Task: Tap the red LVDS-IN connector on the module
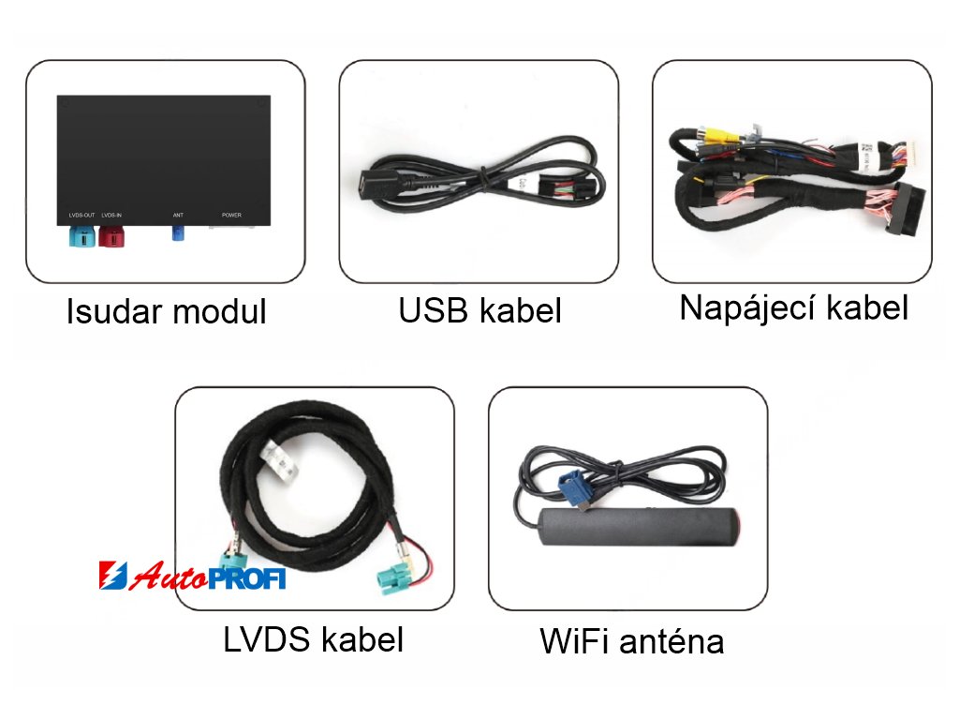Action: [111, 234]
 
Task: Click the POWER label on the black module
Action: [231, 216]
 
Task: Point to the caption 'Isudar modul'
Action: [166, 312]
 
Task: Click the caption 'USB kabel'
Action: [479, 311]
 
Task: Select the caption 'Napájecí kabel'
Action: [793, 307]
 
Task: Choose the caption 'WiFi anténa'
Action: [631, 642]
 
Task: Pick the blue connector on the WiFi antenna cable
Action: [572, 489]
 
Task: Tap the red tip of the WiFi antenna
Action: [736, 522]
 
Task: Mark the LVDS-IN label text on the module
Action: [111, 216]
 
